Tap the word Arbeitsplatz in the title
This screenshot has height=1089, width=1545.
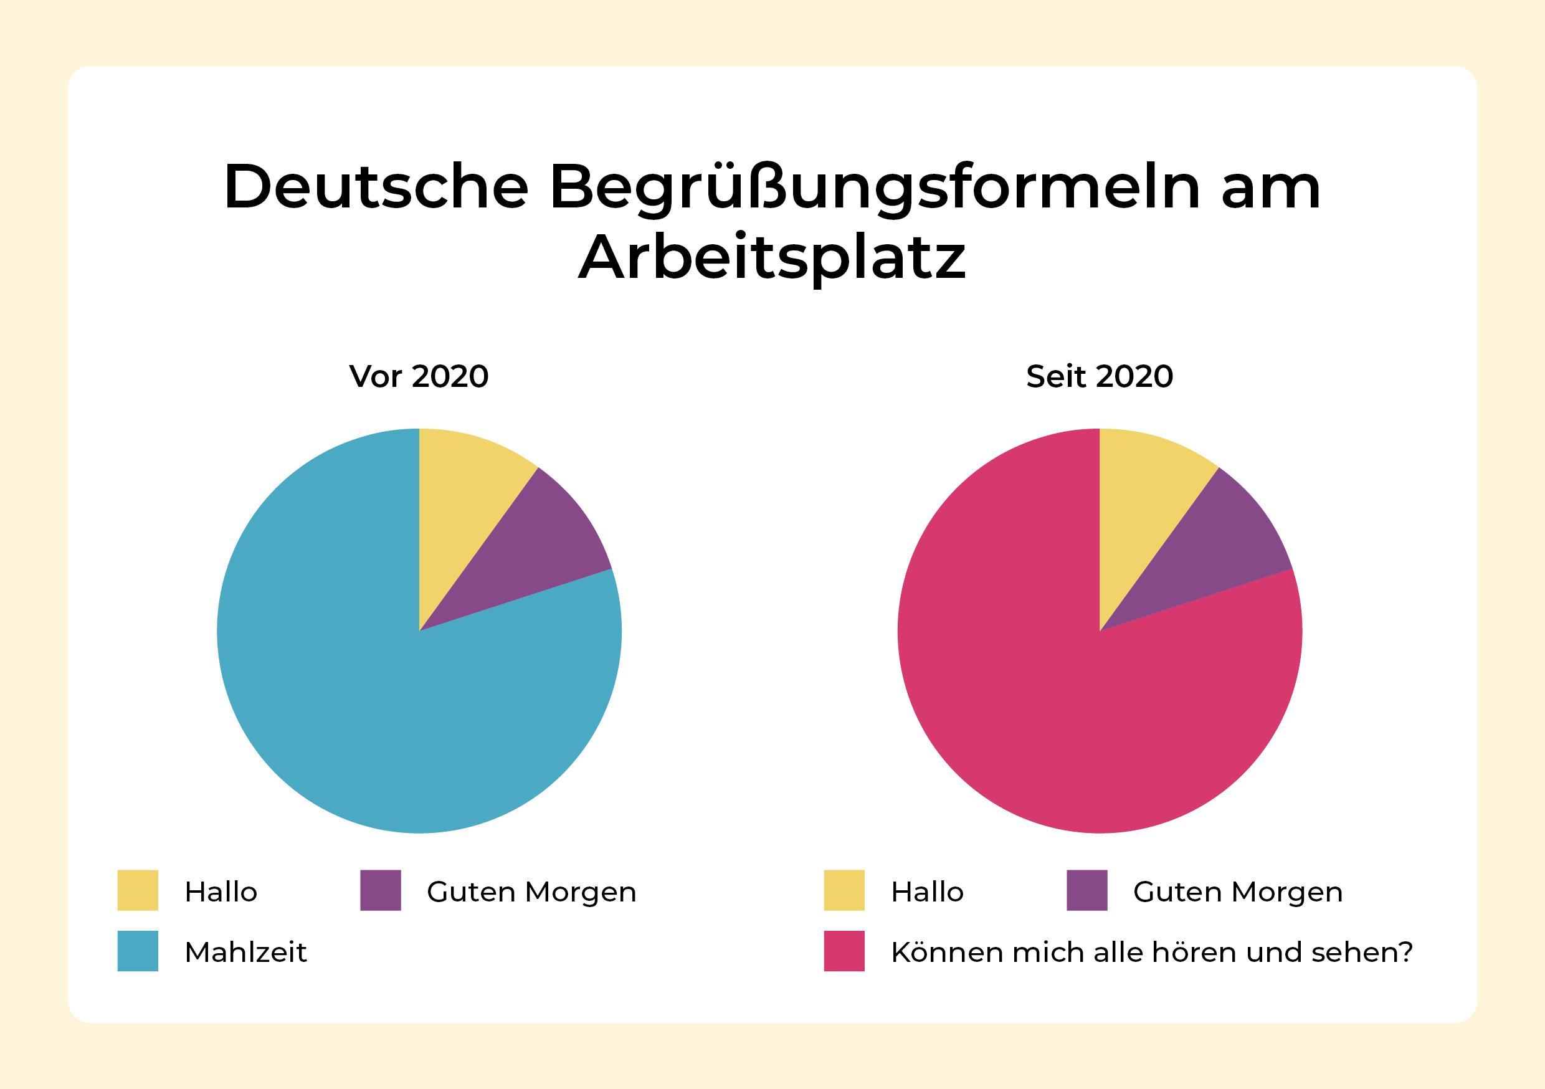pyautogui.click(x=772, y=259)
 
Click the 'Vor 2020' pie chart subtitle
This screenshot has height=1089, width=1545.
pyautogui.click(x=419, y=376)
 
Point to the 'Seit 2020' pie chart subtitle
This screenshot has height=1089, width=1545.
pyautogui.click(x=1100, y=376)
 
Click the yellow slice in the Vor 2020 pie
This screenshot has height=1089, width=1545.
pyautogui.click(x=464, y=498)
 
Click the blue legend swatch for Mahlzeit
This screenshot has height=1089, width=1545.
pyautogui.click(x=138, y=951)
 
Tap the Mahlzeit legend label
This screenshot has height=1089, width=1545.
pyautogui.click(x=245, y=953)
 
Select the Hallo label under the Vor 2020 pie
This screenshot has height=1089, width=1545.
pyautogui.click(x=221, y=892)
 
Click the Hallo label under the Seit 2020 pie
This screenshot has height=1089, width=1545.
pyautogui.click(x=927, y=892)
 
